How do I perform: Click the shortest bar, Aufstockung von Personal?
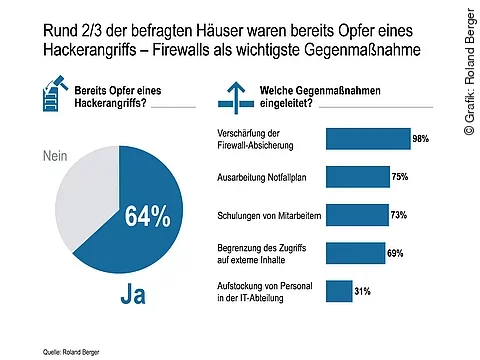point(338,291)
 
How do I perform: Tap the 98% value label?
point(422,139)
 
